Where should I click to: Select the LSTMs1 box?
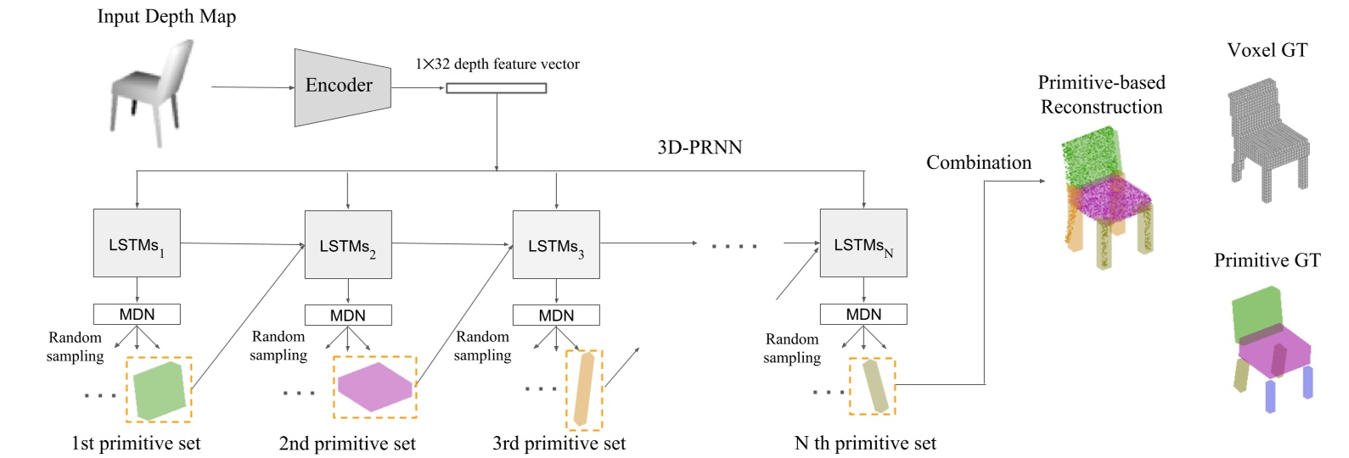(137, 243)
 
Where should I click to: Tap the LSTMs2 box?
(348, 245)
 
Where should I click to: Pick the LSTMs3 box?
(556, 245)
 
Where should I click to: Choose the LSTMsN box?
(863, 243)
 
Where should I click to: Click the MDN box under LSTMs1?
(137, 315)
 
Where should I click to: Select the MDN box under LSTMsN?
(863, 315)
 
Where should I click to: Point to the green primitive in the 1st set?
(159, 390)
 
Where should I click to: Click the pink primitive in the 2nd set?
(374, 388)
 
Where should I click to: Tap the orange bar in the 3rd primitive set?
(583, 388)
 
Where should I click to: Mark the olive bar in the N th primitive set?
(874, 386)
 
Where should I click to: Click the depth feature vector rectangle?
(497, 87)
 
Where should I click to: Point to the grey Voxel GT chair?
(1267, 140)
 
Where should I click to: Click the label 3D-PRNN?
(700, 148)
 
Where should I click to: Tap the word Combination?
(978, 163)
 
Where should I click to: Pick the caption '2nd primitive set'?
(347, 444)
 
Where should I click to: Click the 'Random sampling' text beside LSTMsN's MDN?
(791, 349)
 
